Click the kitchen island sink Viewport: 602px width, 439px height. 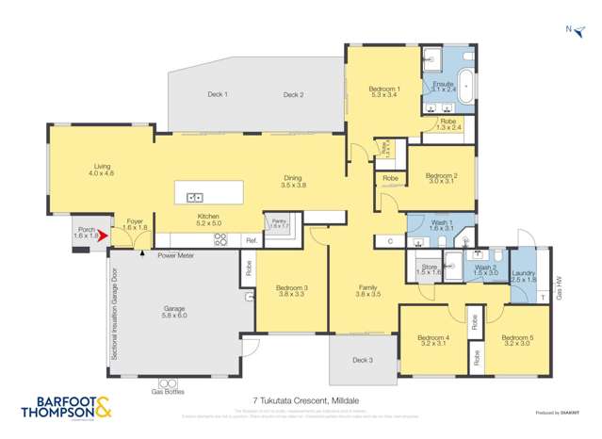point(195,197)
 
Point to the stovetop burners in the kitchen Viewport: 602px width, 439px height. point(222,240)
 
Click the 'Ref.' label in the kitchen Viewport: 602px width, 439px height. point(252,241)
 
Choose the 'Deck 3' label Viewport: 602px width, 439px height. point(364,360)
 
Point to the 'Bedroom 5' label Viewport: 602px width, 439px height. point(518,338)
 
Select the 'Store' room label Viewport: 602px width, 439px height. point(430,268)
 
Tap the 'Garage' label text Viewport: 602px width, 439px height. point(174,308)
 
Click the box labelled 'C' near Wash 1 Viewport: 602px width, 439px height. point(390,242)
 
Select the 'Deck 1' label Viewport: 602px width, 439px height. point(219,94)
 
